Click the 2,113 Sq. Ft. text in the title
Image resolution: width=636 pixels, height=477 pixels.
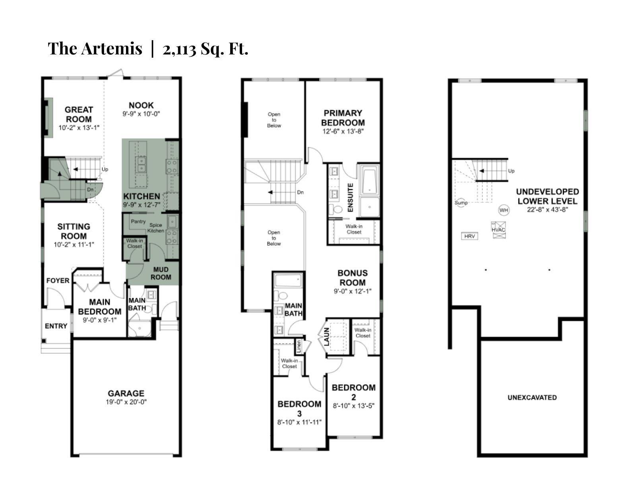[x=205, y=48]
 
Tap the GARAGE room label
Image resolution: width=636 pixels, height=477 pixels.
[x=126, y=393]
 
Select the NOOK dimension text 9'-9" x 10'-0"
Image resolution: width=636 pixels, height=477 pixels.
[x=141, y=114]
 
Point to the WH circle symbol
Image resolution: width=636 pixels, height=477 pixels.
[x=504, y=210]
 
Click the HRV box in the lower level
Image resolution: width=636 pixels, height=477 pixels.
[x=469, y=236]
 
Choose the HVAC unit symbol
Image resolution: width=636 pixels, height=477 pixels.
[x=498, y=230]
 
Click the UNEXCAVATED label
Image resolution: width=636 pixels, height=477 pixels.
[x=532, y=397]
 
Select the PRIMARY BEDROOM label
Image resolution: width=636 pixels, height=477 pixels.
[x=343, y=118]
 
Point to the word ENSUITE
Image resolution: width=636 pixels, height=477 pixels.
[x=350, y=197]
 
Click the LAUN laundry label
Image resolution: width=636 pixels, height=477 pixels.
[x=327, y=337]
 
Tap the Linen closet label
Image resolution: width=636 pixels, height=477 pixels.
[x=299, y=346]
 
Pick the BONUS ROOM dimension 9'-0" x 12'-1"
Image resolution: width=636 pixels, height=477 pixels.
[x=352, y=291]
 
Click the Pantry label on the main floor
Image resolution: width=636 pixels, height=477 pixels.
[x=138, y=221]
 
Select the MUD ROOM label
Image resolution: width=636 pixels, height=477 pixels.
[x=161, y=273]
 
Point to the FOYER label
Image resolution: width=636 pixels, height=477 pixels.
[x=58, y=280]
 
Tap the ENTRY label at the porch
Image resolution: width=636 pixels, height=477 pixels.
[x=56, y=326]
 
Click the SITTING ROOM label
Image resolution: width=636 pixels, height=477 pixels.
[x=74, y=231]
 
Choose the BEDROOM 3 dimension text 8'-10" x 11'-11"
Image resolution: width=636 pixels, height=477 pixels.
[x=299, y=422]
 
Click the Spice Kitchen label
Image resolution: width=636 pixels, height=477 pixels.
[x=155, y=228]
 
